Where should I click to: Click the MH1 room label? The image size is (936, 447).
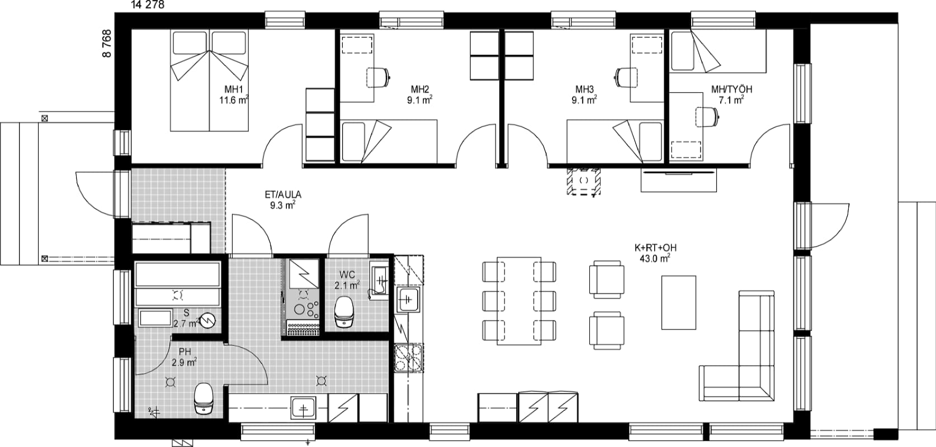[234, 89]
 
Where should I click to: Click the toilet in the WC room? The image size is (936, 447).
[344, 312]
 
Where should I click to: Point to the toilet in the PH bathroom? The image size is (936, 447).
[204, 398]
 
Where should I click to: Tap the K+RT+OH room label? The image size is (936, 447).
[655, 248]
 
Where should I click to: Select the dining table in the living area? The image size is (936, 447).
[519, 301]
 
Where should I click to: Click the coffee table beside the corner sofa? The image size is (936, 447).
[679, 302]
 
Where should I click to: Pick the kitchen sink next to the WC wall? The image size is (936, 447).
[408, 299]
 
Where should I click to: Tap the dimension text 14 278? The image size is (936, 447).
[148, 5]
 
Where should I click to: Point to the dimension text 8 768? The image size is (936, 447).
[107, 43]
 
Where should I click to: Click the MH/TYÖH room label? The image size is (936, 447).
[732, 89]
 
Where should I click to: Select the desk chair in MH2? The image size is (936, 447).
[378, 77]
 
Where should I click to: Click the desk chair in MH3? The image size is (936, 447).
[626, 77]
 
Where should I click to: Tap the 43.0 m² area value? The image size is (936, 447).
[655, 259]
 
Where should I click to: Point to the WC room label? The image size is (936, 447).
[347, 274]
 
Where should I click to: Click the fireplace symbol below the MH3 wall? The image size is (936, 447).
[584, 181]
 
